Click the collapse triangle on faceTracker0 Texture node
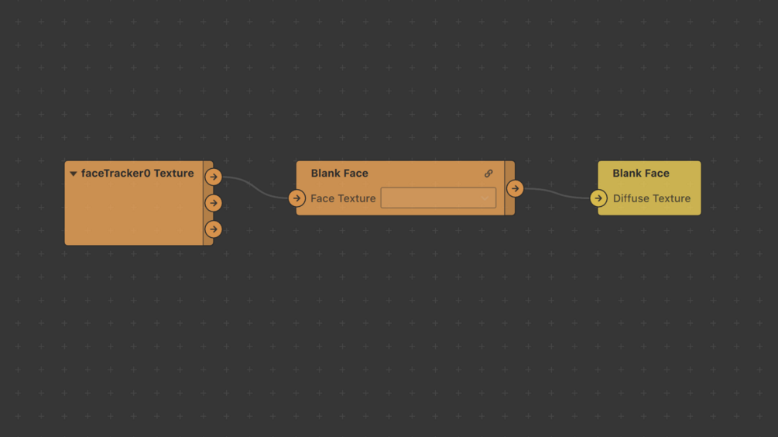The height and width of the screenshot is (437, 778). pos(74,174)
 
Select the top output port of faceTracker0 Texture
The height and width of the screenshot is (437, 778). pos(214,177)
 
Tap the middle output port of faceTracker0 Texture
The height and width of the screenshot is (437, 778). pos(214,203)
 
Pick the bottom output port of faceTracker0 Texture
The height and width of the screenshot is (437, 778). pos(214,229)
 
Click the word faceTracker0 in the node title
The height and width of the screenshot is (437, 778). pos(115,174)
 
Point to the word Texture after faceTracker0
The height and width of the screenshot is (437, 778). pos(174,174)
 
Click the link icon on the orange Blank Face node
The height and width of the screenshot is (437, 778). pos(488,174)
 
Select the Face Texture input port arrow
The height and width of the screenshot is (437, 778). pos(296,198)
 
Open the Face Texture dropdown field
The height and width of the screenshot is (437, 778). pos(438,198)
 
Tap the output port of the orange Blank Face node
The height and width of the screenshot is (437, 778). pos(515,188)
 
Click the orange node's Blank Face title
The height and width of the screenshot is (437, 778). pos(339,174)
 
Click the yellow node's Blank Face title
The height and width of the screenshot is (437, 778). pos(640,174)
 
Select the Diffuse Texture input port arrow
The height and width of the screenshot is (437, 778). pos(598,198)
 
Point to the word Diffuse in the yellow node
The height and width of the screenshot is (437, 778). pos(632,198)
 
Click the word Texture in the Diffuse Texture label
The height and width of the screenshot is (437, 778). pos(672,198)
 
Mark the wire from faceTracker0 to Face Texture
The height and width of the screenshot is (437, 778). pos(255,187)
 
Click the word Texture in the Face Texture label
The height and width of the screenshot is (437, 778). pos(357,198)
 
